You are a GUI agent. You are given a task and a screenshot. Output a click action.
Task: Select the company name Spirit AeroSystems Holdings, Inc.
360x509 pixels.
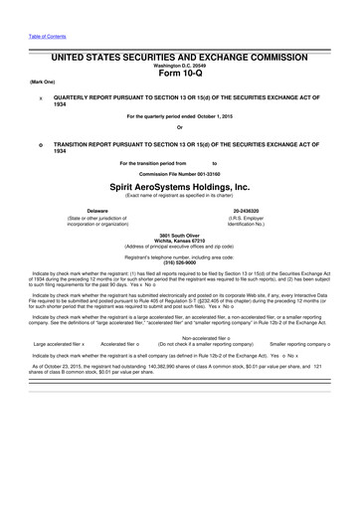[x=180, y=185]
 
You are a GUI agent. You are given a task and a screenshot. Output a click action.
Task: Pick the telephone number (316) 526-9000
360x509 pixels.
[x=180, y=262]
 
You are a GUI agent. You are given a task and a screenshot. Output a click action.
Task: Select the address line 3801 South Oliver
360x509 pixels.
[x=180, y=235]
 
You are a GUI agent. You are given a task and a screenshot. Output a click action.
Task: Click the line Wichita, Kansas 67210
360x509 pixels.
[x=180, y=240]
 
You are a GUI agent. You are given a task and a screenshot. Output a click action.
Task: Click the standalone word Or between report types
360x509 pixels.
[x=180, y=127]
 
